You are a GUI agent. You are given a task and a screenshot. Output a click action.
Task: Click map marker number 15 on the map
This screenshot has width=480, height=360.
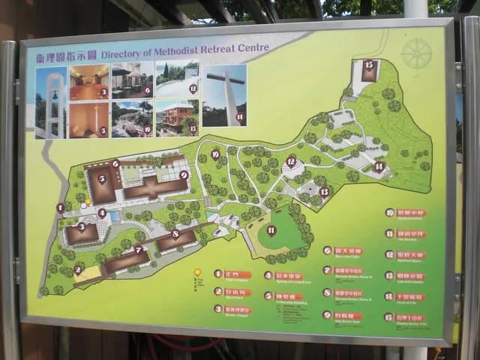click(x=368, y=65)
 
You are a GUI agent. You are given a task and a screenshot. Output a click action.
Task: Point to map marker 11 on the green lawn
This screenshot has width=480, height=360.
click(x=271, y=229)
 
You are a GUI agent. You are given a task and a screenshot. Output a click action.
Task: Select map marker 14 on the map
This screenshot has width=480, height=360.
click(x=379, y=166)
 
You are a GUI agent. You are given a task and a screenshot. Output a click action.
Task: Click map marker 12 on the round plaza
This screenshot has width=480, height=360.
click(x=291, y=161)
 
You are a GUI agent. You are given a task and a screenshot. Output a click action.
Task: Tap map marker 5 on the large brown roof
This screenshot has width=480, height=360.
click(x=102, y=178)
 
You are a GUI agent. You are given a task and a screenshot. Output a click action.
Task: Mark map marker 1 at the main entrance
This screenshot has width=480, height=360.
click(x=60, y=208)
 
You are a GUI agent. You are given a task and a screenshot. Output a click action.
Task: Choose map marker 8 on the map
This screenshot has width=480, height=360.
click(x=175, y=234)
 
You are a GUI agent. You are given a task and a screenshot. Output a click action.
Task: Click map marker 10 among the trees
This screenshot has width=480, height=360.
click(x=215, y=154)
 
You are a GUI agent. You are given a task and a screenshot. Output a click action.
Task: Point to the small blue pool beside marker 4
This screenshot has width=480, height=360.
click(x=113, y=216)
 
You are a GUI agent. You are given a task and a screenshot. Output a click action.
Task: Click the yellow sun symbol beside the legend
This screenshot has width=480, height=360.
click(x=197, y=273)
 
